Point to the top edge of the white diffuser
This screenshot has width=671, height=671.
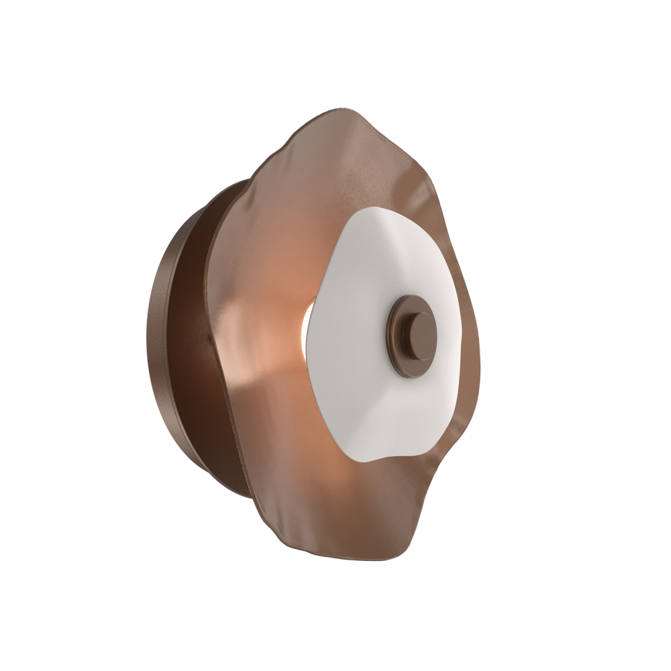[x=382, y=210]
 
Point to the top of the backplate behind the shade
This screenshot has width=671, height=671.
[x=235, y=185]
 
